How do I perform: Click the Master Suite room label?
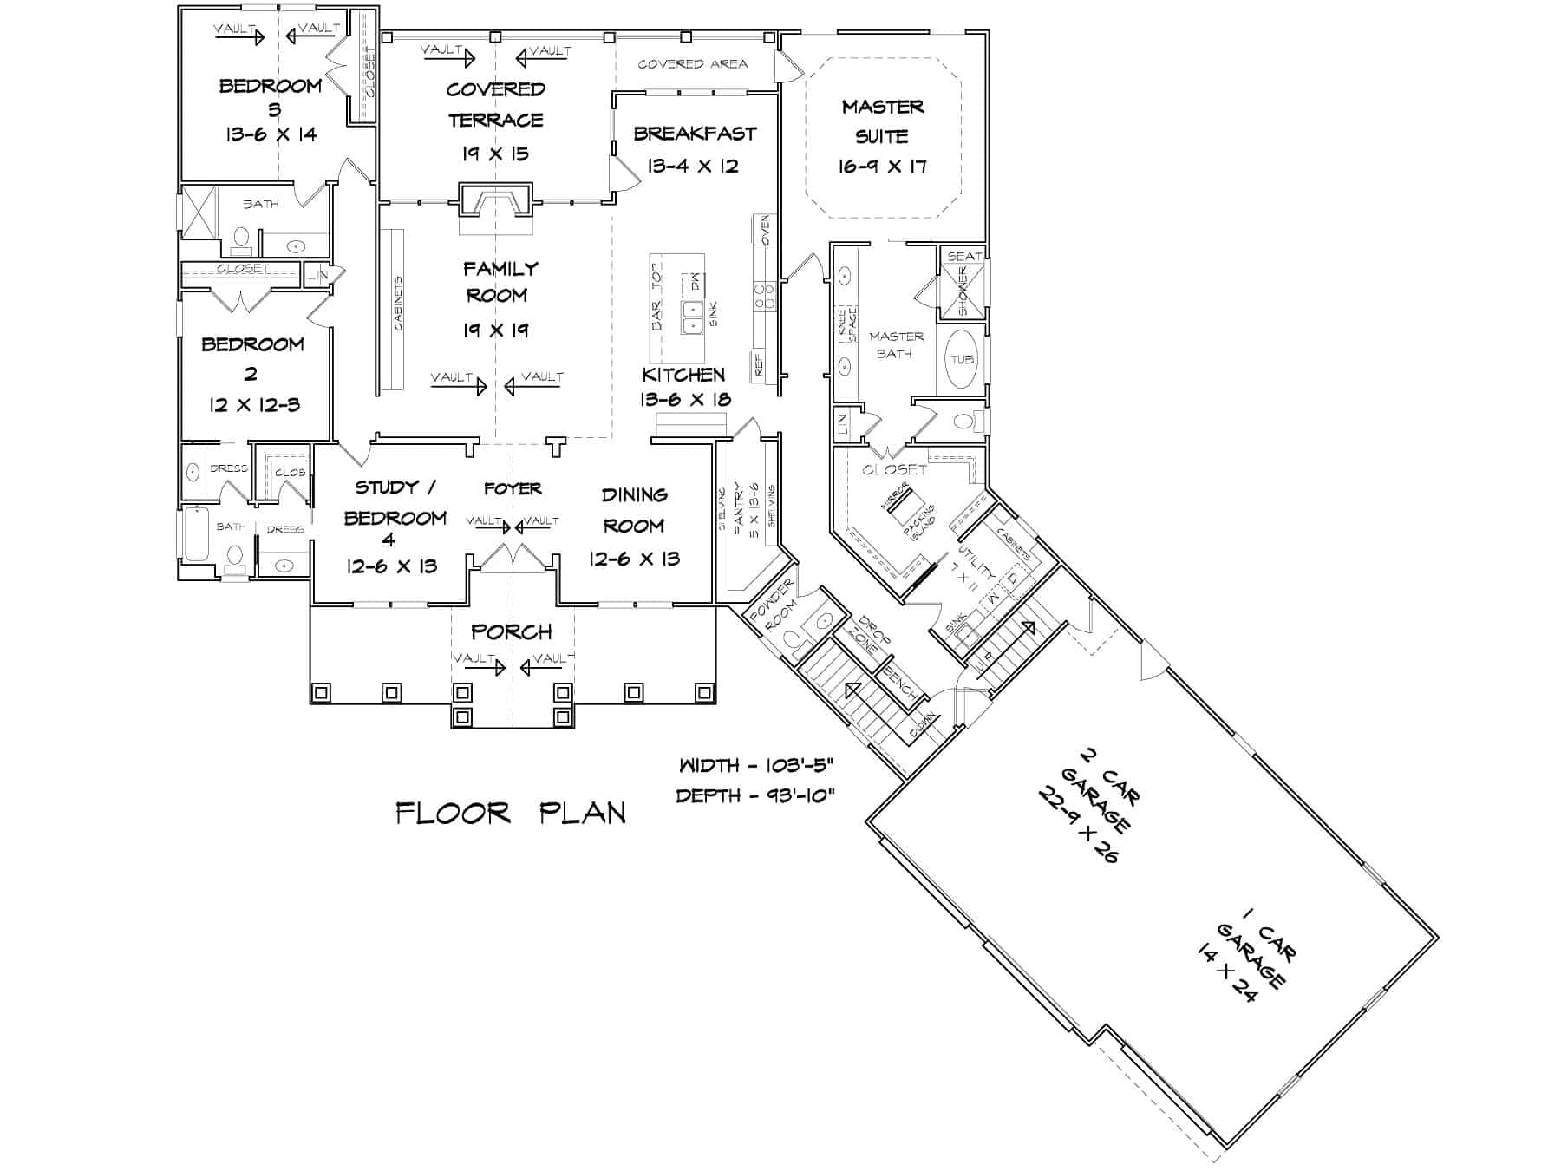pos(883,121)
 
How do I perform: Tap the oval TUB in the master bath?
pos(962,359)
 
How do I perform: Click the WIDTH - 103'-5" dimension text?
pos(755,766)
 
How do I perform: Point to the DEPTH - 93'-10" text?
pos(755,795)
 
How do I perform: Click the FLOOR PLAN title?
pos(511,813)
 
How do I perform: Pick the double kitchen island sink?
pos(692,317)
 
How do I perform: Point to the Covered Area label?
pos(692,64)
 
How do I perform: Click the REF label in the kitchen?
pos(758,364)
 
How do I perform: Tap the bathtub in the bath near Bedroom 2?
pos(198,534)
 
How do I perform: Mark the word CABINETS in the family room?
pos(398,303)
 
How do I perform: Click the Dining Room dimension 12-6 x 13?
pos(634,559)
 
